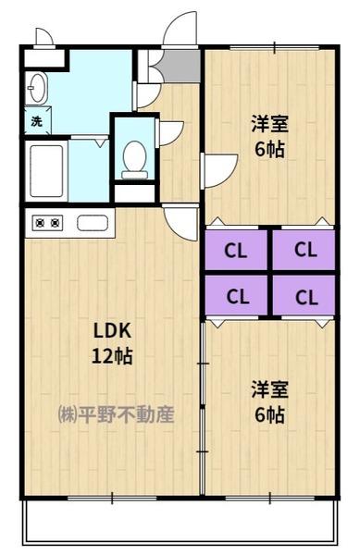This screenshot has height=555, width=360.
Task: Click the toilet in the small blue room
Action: (134, 160)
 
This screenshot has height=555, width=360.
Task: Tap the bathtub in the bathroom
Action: (46, 171)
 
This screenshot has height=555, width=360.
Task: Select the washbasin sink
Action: (37, 88)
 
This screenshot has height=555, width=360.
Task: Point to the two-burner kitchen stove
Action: (47, 223)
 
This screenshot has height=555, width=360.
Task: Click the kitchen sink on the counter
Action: (92, 223)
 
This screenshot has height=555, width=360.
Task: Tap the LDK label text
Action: (112, 331)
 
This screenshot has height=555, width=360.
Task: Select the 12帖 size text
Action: (112, 356)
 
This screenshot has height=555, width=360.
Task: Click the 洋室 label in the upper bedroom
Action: (269, 124)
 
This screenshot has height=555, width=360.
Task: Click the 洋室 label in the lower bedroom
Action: (269, 389)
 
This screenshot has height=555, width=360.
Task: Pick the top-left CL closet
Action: (236, 250)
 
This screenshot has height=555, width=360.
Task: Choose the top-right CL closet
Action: (304, 250)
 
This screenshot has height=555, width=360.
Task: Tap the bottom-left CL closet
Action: (236, 295)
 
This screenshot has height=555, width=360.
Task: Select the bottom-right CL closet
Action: (304, 295)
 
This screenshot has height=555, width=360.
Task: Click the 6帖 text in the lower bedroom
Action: (269, 414)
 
